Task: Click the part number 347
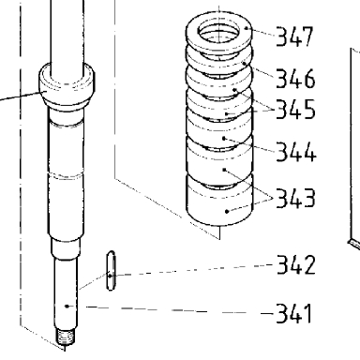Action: [294, 37]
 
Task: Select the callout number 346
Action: [295, 78]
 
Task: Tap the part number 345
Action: [295, 109]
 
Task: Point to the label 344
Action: [296, 152]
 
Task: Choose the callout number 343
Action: [295, 198]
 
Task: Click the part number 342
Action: [296, 264]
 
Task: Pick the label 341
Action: [294, 313]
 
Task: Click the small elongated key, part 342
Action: [111, 271]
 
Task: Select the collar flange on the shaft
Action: [67, 84]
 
